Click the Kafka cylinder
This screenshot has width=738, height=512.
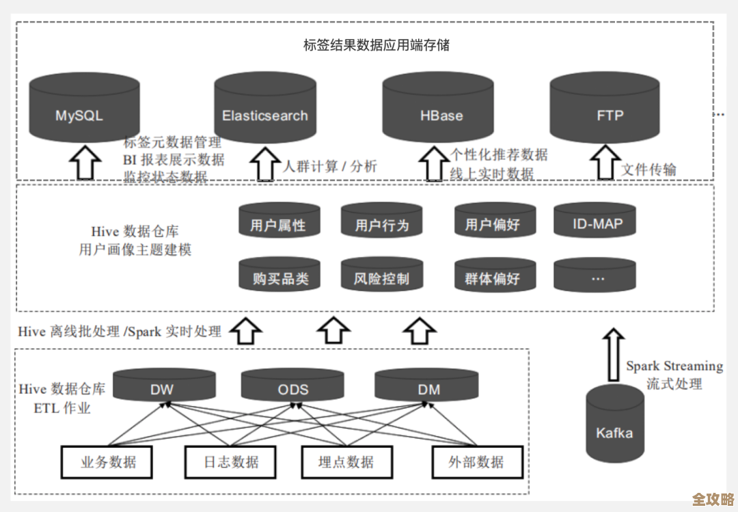(614, 424)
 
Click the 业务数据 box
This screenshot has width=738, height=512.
(108, 462)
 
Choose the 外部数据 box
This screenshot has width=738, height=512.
(476, 462)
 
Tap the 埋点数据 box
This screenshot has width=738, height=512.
(346, 462)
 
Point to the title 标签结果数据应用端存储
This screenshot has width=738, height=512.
(376, 46)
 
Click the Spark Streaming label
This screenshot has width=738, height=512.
(674, 366)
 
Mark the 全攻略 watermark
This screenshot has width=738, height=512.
(712, 498)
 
